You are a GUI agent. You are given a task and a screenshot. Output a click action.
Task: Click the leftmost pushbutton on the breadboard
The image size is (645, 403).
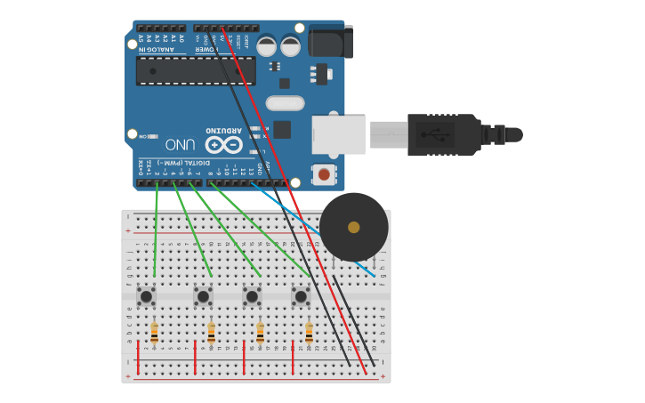[x=147, y=295]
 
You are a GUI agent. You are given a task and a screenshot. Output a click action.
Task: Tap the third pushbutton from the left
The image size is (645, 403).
[x=252, y=295]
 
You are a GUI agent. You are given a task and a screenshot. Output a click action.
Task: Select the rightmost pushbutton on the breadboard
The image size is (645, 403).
[x=301, y=295]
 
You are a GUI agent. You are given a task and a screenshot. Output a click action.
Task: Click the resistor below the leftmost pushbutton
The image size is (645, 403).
[x=155, y=333]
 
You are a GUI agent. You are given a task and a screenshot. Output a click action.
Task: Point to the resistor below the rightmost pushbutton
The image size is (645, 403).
[x=309, y=333]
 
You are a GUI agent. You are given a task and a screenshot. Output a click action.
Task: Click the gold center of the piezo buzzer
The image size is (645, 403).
[x=354, y=227]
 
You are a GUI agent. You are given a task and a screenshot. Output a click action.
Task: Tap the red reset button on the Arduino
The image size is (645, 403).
[x=325, y=174]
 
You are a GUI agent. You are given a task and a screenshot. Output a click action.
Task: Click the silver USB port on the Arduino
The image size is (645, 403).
[x=338, y=134]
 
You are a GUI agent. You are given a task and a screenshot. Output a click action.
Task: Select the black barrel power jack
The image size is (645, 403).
[x=330, y=43]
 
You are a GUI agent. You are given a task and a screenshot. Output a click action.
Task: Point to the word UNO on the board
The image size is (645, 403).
[x=180, y=143]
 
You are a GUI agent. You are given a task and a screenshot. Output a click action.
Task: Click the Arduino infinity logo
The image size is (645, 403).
[x=223, y=143]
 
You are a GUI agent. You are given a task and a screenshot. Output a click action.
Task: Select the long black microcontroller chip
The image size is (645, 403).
[x=196, y=71]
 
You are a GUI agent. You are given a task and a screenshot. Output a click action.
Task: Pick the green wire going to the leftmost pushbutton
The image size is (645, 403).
[x=156, y=231]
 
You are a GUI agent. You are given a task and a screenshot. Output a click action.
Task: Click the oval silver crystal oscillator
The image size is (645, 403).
[x=285, y=103]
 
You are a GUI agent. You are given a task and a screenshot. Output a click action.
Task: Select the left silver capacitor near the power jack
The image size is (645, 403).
[x=266, y=46]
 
